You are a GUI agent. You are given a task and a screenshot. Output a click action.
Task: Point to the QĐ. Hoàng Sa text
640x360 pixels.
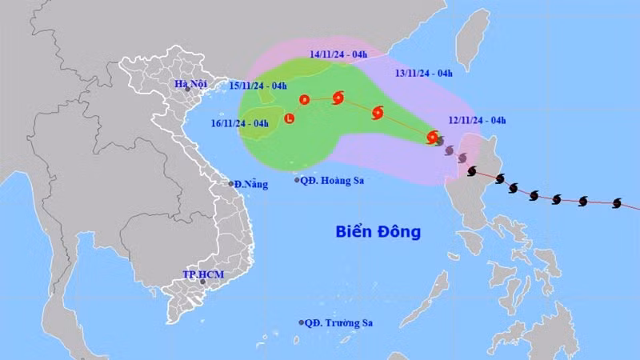333,181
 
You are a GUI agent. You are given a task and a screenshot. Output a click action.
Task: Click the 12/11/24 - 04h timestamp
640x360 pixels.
478,120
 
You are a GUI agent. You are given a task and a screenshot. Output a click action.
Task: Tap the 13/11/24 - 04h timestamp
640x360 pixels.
424,73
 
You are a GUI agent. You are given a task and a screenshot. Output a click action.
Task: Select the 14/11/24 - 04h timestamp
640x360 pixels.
338,54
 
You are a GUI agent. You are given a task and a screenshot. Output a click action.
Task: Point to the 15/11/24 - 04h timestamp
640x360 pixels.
258,85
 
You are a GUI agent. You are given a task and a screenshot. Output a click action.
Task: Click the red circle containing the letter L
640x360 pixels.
289,120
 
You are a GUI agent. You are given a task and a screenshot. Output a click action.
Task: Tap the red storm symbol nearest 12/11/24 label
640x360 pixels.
433,137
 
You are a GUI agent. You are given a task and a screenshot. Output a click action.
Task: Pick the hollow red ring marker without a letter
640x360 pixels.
304,100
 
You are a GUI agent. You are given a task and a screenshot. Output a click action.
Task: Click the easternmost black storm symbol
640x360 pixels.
617,203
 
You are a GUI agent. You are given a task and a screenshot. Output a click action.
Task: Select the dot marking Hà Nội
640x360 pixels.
187,92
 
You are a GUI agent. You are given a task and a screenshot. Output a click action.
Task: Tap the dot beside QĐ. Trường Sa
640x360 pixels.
302,323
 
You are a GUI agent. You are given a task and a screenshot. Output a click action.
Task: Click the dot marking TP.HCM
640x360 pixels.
202,282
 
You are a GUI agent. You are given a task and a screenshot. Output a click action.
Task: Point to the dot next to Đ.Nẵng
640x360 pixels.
231,184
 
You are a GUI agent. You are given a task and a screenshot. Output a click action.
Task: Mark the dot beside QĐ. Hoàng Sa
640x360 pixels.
297,180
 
